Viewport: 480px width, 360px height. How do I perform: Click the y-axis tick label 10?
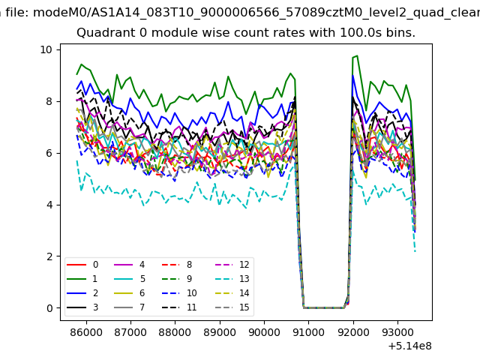pos(46,49)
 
